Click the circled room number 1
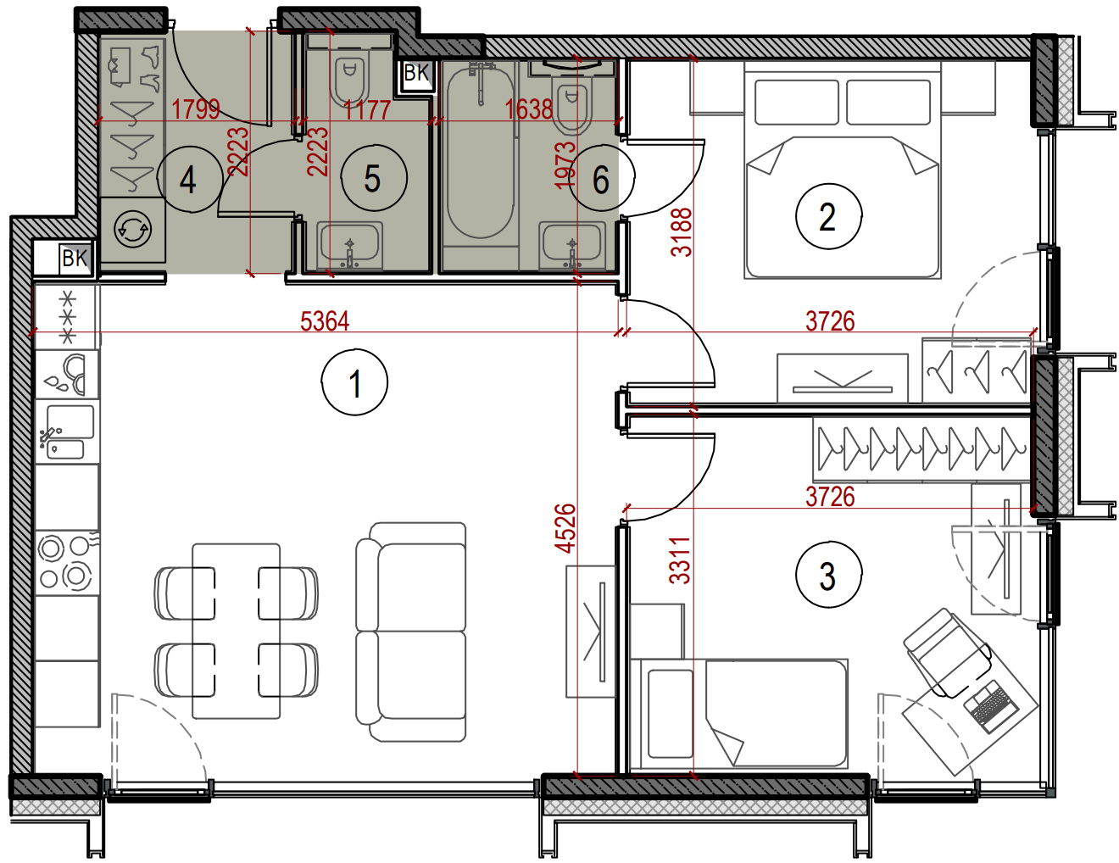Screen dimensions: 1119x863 pos(354,382)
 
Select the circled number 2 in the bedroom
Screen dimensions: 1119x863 pos(828,216)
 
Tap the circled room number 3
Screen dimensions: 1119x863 pos(828,575)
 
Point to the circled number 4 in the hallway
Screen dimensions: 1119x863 pos(190,179)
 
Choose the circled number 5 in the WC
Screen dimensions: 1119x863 pos(374,178)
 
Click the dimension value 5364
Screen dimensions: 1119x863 pos(325,321)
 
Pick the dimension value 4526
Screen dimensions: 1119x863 pos(567,528)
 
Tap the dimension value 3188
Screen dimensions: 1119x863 pos(682,231)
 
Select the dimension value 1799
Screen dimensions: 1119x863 pos(195,109)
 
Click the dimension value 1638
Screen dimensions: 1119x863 pos(529,109)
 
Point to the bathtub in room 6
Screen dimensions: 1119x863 pos(480,153)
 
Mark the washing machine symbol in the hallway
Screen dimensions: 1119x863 pos(132,229)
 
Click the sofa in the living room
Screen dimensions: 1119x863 pos(411,632)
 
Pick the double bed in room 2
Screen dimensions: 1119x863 pos(843,171)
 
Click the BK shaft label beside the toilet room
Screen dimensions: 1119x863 pos(416,73)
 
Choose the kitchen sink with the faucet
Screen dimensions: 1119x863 pos(66,431)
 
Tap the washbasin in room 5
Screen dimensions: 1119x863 pos(349,246)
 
